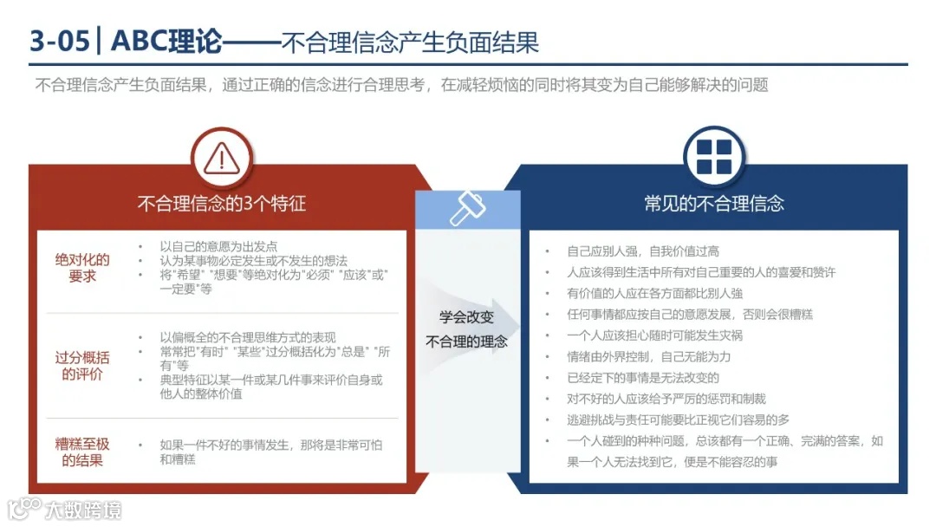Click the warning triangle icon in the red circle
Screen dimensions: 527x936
coord(221,158)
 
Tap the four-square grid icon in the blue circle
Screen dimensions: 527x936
coord(713,157)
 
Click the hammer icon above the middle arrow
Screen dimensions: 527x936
coord(467,209)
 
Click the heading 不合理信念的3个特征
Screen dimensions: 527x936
coord(221,205)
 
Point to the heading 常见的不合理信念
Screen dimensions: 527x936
coord(713,205)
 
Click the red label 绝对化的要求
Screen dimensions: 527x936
coord(82,268)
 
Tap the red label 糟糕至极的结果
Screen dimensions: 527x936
coord(82,452)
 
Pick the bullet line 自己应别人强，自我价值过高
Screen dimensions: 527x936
coord(643,251)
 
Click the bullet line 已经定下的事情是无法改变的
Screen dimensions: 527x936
coord(643,378)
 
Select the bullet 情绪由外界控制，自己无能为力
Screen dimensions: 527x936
coord(648,356)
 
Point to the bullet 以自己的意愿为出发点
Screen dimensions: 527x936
coord(218,246)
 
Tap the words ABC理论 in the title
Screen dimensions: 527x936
coord(166,41)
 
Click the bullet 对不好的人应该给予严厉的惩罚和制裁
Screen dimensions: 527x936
coord(666,399)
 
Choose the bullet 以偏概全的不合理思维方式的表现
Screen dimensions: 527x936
coord(247,337)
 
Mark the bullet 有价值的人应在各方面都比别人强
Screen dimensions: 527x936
coord(654,293)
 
